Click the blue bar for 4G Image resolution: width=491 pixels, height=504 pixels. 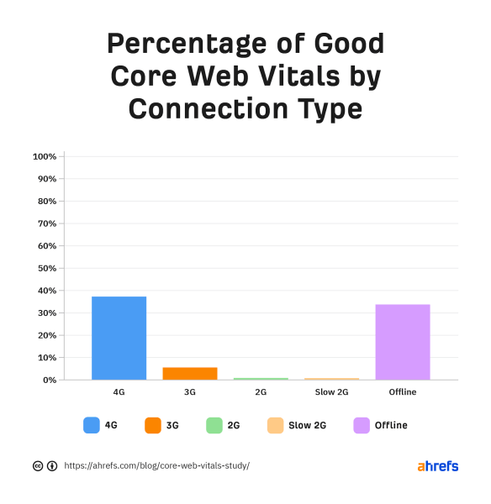(x=119, y=338)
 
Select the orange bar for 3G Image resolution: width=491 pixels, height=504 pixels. (x=189, y=373)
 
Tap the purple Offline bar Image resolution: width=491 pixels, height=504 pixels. (x=402, y=342)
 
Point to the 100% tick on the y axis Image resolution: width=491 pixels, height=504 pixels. (x=44, y=157)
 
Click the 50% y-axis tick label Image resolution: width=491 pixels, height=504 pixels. (x=45, y=268)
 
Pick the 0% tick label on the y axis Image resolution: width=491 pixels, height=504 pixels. (x=48, y=380)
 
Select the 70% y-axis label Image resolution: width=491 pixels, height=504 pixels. (x=45, y=223)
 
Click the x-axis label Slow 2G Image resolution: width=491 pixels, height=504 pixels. (x=331, y=393)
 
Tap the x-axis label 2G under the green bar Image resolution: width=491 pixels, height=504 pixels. (x=261, y=393)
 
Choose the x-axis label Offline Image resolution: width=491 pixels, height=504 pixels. (x=402, y=393)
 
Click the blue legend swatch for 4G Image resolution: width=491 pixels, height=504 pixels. (x=92, y=425)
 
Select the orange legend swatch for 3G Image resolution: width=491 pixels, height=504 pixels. (x=152, y=425)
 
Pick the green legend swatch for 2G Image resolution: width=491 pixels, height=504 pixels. (x=214, y=425)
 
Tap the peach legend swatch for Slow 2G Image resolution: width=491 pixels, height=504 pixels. (x=275, y=425)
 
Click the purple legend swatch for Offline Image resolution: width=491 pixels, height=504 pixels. (x=362, y=425)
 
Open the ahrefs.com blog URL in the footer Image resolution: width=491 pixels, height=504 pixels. (x=156, y=465)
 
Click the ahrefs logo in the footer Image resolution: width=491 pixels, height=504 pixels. (x=437, y=465)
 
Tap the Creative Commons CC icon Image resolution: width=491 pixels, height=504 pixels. (x=38, y=465)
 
